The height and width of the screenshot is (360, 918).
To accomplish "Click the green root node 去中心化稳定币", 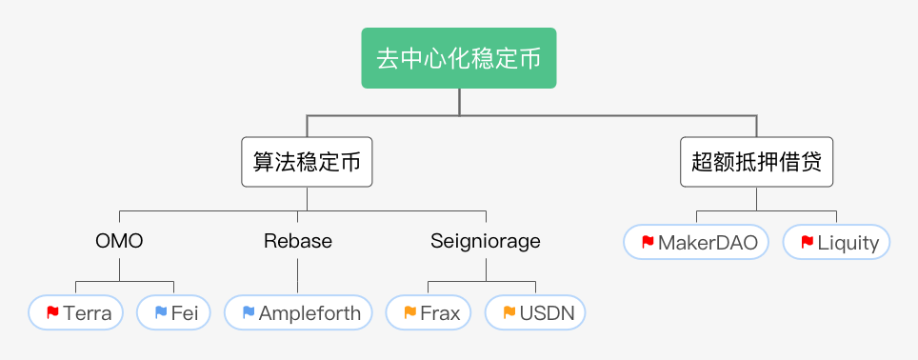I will pos(459,59).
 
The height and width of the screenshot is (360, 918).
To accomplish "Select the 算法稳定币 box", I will pos(306,162).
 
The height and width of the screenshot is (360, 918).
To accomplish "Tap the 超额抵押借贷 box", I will pos(757,162).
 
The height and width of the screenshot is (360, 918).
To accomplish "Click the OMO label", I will pos(119,241).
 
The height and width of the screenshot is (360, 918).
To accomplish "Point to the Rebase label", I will pos(298,241).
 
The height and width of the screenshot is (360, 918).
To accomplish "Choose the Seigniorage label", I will pos(486,241).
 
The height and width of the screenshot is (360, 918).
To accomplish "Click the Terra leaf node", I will pos(76,312).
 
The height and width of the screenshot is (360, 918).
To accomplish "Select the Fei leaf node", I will pos(173,312).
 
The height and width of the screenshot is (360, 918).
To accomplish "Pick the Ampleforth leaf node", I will pos(298,312).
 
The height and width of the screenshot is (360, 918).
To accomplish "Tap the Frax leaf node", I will pos(429,312).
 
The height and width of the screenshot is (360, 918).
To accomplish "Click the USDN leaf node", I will pos(535,312).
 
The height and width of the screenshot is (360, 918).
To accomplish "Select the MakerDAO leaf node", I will pos(696,242).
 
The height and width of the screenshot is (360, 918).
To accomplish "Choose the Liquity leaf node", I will pos(836,242).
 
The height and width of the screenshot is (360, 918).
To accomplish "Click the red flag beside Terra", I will pos(52,312).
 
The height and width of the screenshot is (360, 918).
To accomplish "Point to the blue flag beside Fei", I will pos(160,312).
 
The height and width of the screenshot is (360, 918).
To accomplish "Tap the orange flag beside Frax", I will pos(409,312).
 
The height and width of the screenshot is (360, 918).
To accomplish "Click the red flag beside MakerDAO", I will pos(648,242).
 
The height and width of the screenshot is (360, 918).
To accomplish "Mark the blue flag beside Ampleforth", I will pos(249,312).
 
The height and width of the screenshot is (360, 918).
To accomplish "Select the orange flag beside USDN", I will pos(509,312).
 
